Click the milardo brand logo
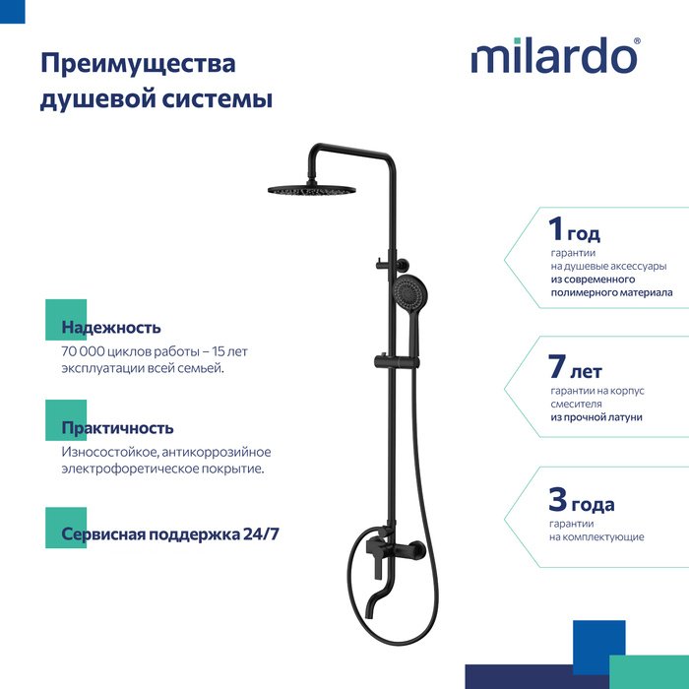point(555,55)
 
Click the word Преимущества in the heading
point(138,64)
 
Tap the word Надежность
point(111,328)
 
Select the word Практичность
point(117,428)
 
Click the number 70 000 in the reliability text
point(84,351)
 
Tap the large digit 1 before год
point(555,229)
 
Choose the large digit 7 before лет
point(557,366)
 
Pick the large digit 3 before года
point(558,500)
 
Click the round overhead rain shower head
point(312,190)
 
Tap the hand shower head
point(408,290)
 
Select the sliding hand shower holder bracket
point(397,362)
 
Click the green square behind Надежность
point(66,320)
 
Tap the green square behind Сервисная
point(66,528)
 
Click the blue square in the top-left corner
point(12,12)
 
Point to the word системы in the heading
point(218,98)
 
